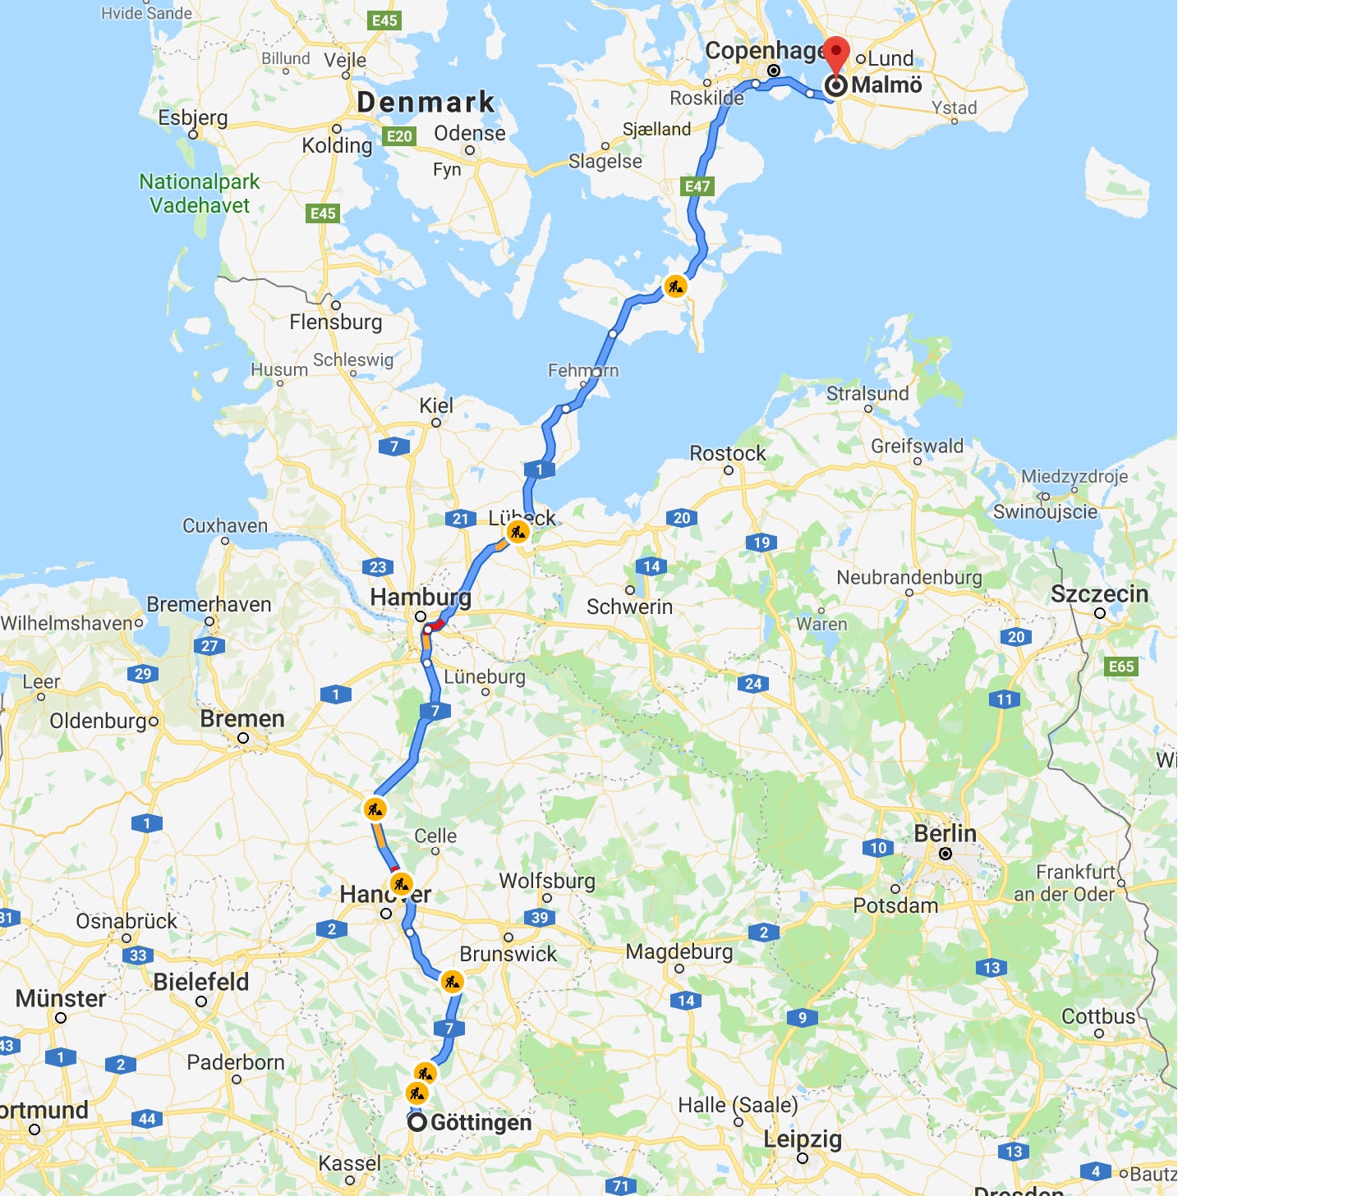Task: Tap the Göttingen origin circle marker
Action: pos(417,1122)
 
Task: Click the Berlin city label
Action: pos(945,834)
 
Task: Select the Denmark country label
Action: pos(426,102)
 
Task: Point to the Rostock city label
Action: pos(727,453)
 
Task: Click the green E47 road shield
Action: pos(697,186)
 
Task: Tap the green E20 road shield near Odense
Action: pos(399,136)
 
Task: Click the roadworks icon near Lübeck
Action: pos(518,532)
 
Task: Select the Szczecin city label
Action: pos(1099,593)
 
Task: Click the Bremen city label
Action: pos(242,719)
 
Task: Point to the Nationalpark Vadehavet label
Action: pos(200,194)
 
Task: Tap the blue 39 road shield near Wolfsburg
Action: pos(540,918)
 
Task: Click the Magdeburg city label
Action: pos(679,952)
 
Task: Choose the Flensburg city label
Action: pos(335,322)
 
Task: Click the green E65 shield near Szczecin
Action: pos(1121,667)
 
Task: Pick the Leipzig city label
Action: pos(803,1139)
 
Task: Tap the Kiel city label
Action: pos(436,406)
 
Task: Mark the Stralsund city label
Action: pos(867,393)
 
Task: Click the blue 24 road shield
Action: pos(753,683)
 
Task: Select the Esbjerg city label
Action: pos(193,117)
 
